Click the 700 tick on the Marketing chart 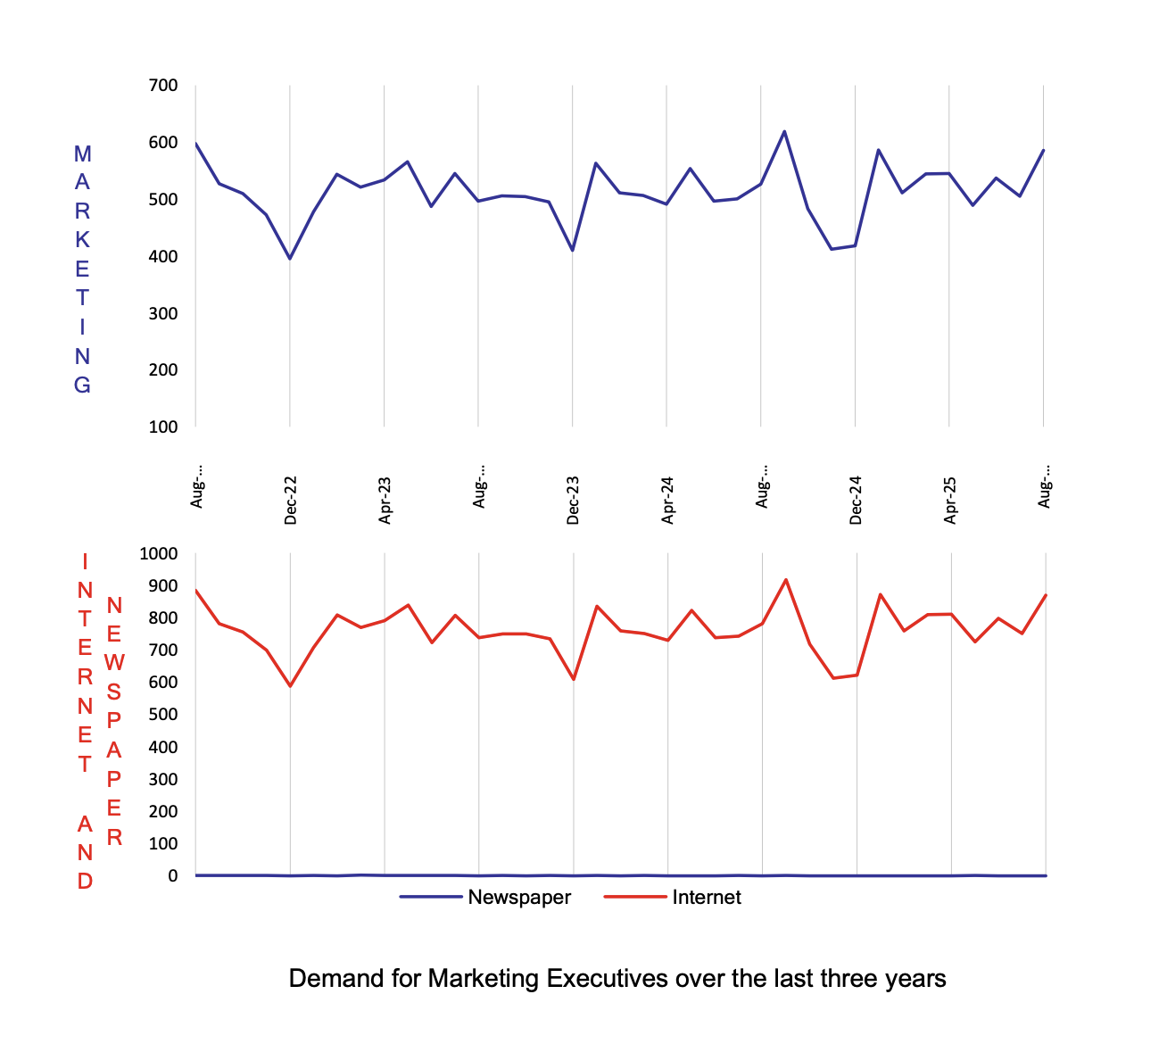pos(162,86)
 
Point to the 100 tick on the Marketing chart pos(162,427)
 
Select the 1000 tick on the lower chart pos(159,553)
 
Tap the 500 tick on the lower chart pos(162,715)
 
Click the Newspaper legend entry pos(518,898)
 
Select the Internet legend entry pos(706,898)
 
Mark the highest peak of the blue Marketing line pos(784,131)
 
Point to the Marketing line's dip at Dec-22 pos(290,259)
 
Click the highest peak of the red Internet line pos(786,580)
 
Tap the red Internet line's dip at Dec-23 pos(574,679)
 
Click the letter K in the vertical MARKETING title pos(82,240)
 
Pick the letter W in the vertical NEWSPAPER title pos(114,664)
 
